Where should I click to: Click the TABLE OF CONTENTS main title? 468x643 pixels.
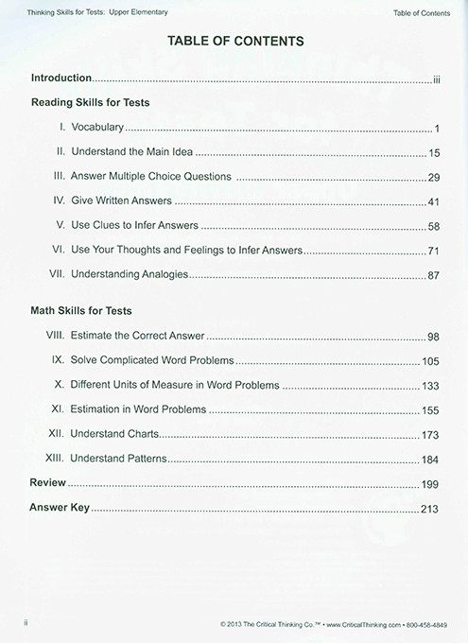(234, 42)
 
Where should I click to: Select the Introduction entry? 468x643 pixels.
(61, 78)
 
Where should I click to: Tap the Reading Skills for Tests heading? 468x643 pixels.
(91, 101)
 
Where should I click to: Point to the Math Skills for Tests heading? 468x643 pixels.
(81, 310)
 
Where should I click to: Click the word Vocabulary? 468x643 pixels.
(97, 127)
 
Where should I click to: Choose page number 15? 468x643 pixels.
(434, 152)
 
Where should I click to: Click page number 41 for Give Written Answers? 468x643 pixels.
(434, 201)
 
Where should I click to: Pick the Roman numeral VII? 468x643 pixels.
(56, 275)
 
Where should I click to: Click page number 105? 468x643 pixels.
(431, 361)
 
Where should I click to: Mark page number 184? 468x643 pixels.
(431, 460)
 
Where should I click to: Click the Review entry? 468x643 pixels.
(47, 482)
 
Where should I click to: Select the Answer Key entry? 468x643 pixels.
(60, 508)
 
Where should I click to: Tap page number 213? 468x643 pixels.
(431, 509)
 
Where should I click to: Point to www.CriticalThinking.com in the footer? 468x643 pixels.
(353, 625)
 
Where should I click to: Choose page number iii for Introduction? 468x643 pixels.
(437, 78)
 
